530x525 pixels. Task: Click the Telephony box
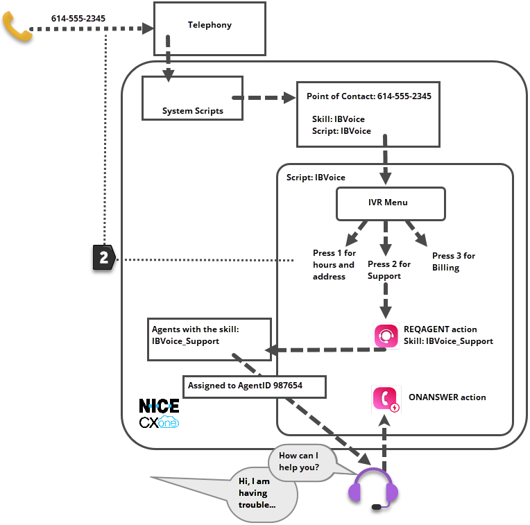210,28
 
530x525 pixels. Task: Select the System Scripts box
192,98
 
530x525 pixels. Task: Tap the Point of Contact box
368,114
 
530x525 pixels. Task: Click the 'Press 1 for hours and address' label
334,265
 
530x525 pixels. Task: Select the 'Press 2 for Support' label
388,270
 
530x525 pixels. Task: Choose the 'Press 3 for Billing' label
453,261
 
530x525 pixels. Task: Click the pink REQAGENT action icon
386,336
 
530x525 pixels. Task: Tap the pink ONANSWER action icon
386,399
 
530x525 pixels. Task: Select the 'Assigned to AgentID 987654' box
255,385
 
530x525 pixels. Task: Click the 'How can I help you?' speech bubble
299,461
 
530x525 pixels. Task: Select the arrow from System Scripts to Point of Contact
264,98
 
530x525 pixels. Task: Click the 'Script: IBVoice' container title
316,178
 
